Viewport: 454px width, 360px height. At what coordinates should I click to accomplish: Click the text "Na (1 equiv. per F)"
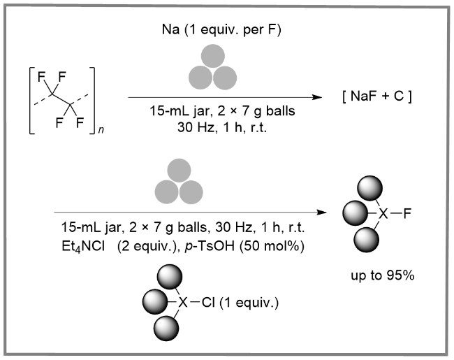221,30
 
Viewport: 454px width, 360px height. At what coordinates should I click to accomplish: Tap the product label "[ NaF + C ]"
376,96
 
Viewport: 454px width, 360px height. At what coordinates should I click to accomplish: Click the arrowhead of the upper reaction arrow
317,97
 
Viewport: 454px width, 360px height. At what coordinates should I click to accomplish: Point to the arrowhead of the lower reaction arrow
321,213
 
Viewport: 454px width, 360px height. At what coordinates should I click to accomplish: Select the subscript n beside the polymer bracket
101,130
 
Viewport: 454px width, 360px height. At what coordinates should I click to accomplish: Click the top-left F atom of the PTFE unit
41,77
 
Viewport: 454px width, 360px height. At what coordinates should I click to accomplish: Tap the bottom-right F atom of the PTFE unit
80,122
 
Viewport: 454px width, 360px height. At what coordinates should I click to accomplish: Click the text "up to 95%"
383,275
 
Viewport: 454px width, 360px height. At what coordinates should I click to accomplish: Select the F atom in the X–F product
407,214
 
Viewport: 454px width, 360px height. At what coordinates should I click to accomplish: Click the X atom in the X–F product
383,214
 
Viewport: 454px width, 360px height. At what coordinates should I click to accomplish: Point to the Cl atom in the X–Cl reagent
208,303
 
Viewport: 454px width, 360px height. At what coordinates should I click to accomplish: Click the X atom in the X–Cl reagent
183,303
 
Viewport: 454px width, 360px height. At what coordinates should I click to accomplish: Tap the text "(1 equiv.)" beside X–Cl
249,303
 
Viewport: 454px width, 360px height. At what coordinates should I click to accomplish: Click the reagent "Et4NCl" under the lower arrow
83,247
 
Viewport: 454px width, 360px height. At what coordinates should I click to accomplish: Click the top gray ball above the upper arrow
213,56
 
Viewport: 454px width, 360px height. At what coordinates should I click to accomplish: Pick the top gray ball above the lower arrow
179,171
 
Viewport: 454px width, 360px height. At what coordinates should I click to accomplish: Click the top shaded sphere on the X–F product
369,188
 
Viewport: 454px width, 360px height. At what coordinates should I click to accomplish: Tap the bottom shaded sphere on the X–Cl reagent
166,329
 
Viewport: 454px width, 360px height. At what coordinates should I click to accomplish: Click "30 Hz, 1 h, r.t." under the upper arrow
222,127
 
